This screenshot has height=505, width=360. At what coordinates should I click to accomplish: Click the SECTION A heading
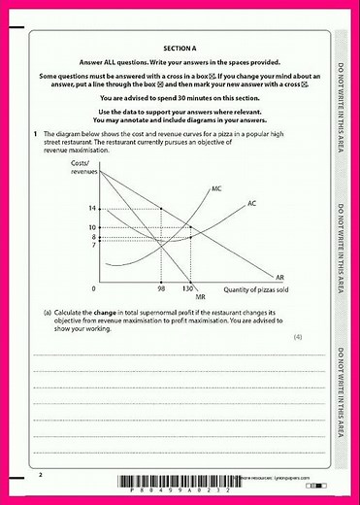[180, 47]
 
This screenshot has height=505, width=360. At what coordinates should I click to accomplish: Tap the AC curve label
[251, 203]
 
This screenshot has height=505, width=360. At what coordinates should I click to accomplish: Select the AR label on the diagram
[279, 277]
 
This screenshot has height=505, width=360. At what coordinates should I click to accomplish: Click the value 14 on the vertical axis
[92, 209]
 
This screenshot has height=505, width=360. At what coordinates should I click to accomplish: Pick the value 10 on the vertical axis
[92, 227]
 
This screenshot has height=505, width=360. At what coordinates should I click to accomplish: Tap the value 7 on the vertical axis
[93, 245]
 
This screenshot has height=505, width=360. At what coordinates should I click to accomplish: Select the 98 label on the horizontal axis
[160, 288]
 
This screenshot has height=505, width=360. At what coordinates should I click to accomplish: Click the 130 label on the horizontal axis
[189, 288]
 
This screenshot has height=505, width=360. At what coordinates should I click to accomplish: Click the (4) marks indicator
[298, 335]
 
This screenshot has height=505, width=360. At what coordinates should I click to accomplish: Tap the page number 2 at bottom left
[41, 475]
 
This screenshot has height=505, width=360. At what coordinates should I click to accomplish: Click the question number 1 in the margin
[35, 132]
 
